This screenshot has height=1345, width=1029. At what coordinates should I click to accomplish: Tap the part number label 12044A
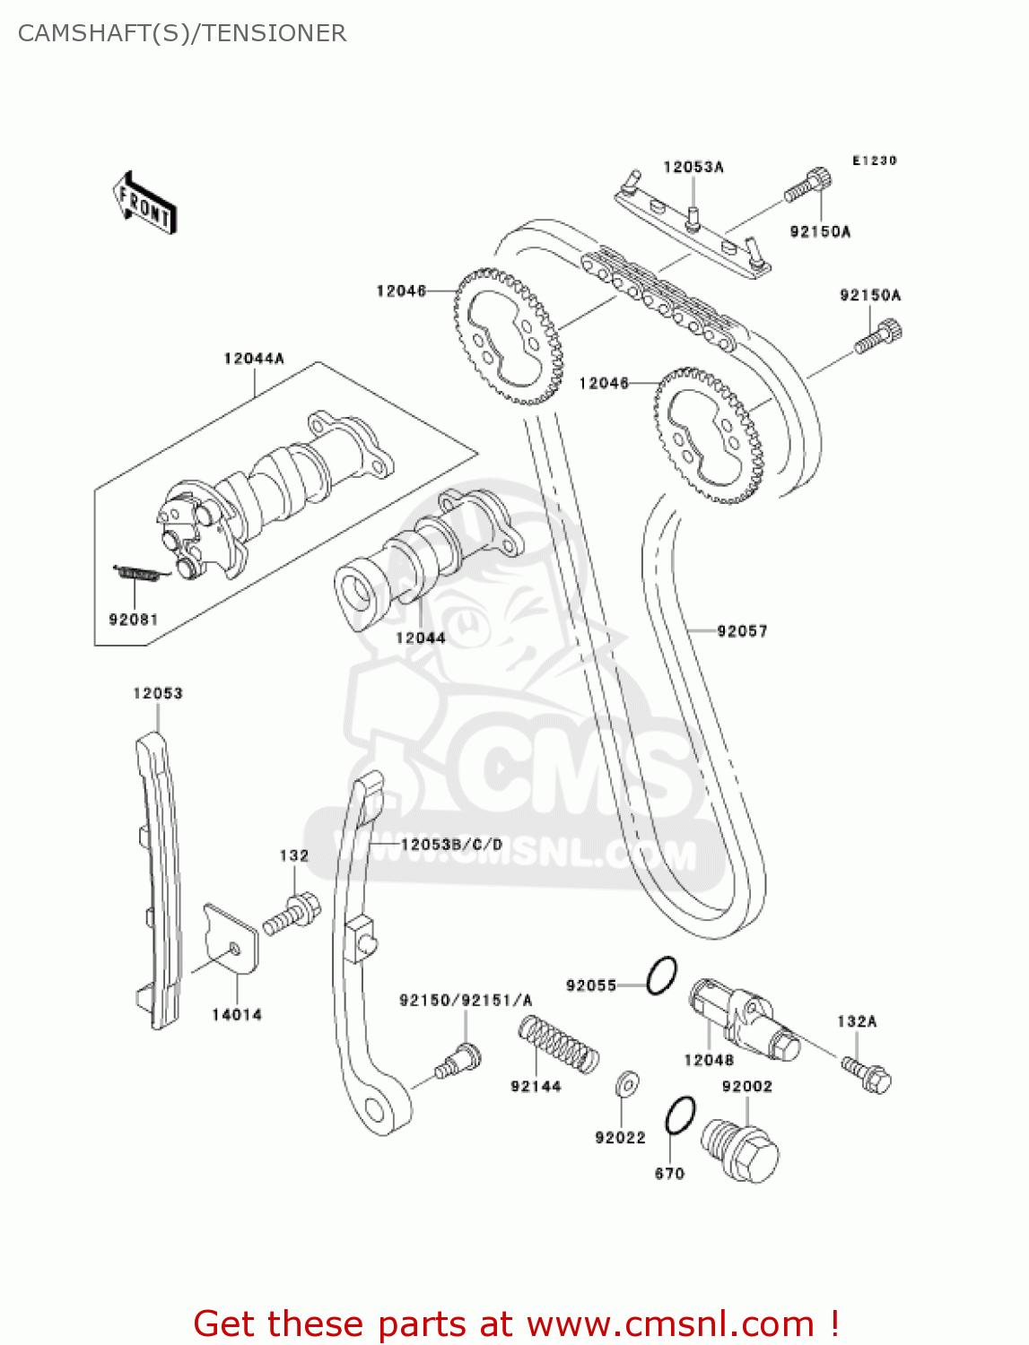pos(254,359)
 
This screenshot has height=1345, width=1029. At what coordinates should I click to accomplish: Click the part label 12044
pos(420,638)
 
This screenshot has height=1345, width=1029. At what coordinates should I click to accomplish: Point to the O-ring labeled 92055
pos(662,975)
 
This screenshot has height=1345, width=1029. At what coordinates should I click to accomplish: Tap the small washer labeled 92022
pos(627,1084)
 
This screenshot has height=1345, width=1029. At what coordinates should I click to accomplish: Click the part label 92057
pos(742,631)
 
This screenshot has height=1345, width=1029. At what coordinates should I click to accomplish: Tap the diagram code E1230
pos(874,161)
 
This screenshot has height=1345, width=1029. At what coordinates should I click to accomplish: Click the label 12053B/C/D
pos(451,845)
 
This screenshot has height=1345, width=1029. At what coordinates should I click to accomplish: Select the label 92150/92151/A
pos(466,1000)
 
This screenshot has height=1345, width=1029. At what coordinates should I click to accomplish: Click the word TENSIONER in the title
pos(274,33)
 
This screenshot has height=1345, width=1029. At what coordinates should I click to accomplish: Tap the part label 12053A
pos(693,167)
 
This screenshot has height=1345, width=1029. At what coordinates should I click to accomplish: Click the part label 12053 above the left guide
pos(158,693)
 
